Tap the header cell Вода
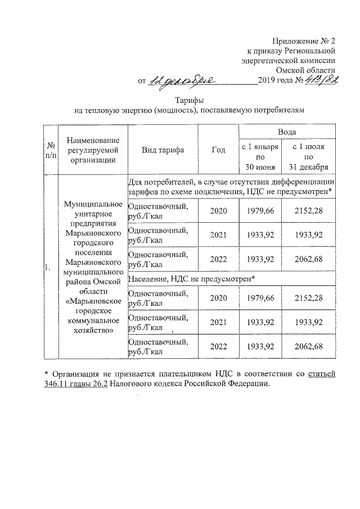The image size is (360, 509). click(x=288, y=131)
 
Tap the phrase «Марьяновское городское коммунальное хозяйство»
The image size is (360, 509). click(x=93, y=317)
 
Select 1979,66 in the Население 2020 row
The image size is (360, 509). click(x=260, y=298)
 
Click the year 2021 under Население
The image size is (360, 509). click(x=218, y=322)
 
